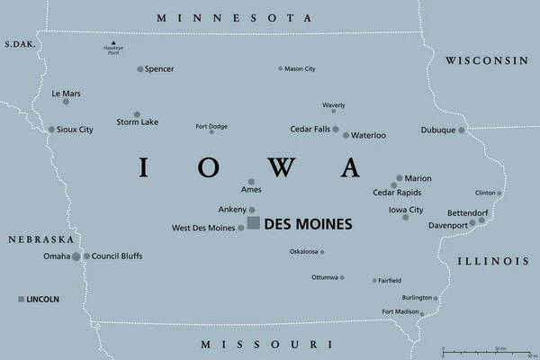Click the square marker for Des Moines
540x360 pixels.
point(254,222)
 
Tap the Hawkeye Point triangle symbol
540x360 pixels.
point(113,43)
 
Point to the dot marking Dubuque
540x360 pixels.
point(462,130)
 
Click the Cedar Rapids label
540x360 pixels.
point(397,192)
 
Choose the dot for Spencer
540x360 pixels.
point(139,69)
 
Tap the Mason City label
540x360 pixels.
point(300,68)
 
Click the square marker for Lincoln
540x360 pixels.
point(22,299)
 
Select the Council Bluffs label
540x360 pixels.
point(119,256)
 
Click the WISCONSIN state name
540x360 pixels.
point(484,60)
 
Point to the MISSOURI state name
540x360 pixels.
point(259,345)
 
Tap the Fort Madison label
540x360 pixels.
point(400,311)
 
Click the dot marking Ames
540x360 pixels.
point(253,177)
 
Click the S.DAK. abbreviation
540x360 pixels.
point(18,44)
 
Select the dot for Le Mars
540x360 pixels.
point(66,102)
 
